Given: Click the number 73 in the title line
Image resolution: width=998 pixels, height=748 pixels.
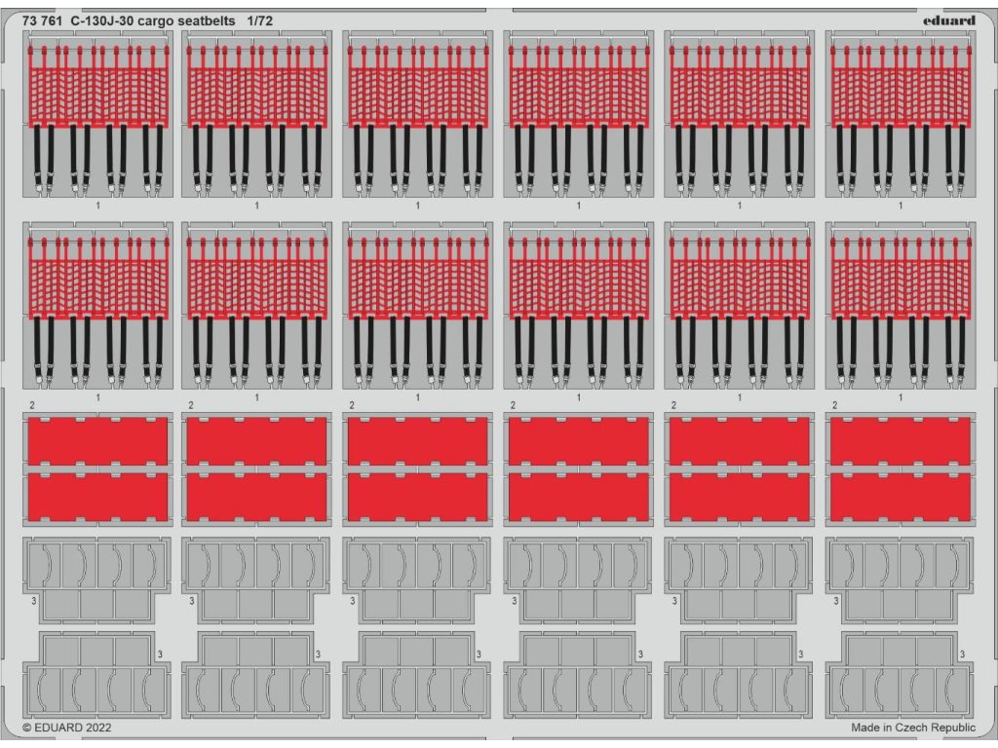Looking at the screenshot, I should (x=29, y=19).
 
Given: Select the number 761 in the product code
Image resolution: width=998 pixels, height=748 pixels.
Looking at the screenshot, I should (x=53, y=19).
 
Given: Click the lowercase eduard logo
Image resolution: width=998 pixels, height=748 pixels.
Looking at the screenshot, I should (x=948, y=19).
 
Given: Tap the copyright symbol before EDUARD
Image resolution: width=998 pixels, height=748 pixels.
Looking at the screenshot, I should (x=26, y=727).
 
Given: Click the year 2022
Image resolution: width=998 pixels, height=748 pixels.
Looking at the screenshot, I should (x=98, y=727).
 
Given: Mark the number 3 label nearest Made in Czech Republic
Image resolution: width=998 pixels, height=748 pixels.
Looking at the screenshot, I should (x=963, y=654).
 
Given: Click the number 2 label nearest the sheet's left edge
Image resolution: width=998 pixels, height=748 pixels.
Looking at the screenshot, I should (x=32, y=405).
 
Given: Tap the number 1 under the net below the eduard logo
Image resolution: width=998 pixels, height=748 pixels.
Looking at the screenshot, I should (x=900, y=206).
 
